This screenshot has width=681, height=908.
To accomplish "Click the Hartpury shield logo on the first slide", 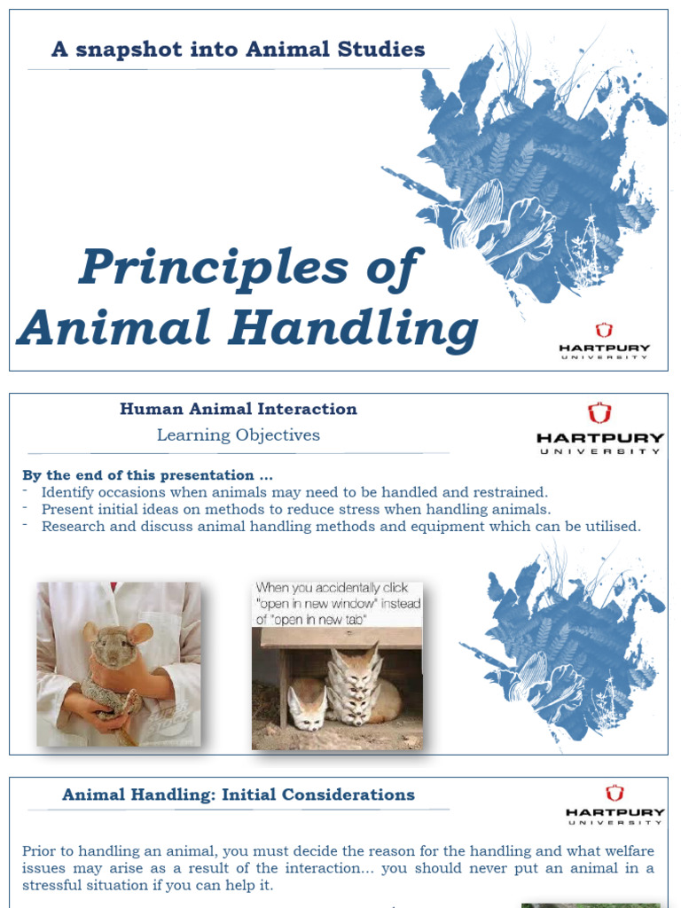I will (604, 331).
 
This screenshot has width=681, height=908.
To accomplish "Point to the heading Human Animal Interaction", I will (239, 409).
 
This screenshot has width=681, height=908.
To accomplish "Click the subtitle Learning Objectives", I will (239, 435).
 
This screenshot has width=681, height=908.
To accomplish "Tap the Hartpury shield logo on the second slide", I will (599, 413).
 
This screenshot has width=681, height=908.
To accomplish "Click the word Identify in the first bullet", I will (70, 492).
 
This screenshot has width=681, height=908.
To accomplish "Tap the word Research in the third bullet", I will (74, 526).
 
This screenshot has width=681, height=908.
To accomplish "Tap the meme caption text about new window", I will (337, 603).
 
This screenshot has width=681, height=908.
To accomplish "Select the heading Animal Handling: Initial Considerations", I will (239, 794).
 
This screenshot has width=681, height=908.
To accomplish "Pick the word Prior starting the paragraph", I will (40, 850).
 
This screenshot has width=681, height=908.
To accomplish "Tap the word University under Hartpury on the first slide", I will (605, 356).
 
